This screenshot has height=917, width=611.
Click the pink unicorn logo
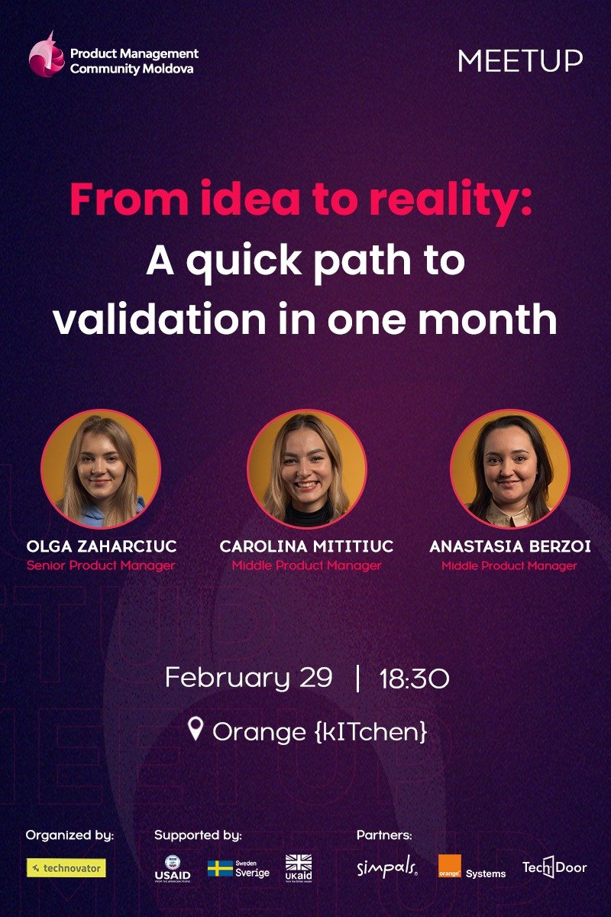point(47,56)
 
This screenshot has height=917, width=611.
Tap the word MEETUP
point(520,61)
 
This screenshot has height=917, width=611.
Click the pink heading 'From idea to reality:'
point(301,199)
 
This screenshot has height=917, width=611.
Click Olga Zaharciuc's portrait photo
point(100,469)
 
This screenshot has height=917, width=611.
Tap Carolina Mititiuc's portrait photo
point(306,469)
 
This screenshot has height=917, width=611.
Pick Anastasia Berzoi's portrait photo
point(509,469)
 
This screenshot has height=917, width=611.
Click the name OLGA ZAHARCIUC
point(102,547)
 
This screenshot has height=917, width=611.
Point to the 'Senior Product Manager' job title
point(101,566)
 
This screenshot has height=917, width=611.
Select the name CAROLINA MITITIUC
point(306,547)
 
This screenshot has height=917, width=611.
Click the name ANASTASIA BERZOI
point(509,547)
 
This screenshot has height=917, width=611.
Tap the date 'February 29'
point(248,678)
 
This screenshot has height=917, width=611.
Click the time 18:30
point(414,679)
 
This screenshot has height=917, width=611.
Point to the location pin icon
point(196,730)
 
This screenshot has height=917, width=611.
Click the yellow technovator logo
point(66,868)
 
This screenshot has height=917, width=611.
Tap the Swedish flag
point(220,869)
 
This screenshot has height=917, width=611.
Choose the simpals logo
point(387,868)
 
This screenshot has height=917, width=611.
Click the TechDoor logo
point(554,869)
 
